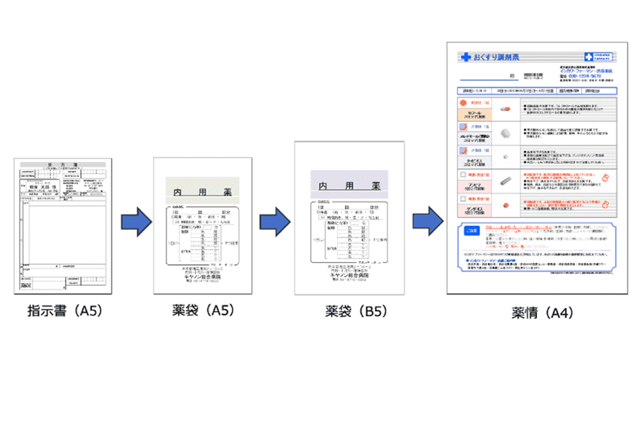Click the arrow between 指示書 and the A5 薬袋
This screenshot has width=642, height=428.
134,221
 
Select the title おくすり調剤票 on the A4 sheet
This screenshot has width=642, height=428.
497,56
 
